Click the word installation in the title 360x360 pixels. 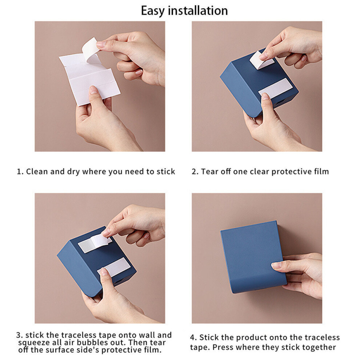198,11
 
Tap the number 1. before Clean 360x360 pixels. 20,172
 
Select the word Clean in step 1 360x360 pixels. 37,171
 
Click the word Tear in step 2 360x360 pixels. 209,171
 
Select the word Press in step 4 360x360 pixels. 222,347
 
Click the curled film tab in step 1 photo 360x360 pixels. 90,50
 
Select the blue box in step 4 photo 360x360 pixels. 253,257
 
